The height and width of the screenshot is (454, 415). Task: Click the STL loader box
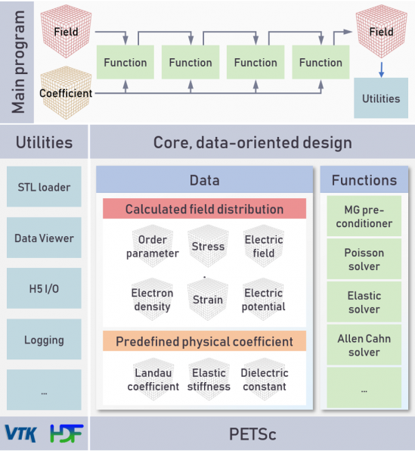tap(44, 186)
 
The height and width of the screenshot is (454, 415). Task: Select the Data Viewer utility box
tap(44, 238)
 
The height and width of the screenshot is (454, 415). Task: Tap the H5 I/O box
tap(44, 288)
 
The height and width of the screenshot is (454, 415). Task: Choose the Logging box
tap(44, 339)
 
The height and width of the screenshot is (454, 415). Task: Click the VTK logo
tap(21, 434)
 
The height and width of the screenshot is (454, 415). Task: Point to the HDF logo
tap(67, 434)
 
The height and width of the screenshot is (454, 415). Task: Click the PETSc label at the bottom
tap(252, 434)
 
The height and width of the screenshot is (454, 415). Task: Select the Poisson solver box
tap(364, 259)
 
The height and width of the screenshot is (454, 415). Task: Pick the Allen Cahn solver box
tap(364, 344)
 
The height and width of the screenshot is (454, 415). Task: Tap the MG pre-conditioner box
tap(364, 216)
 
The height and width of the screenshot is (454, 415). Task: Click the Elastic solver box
tap(364, 302)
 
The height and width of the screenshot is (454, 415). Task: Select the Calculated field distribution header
tap(204, 209)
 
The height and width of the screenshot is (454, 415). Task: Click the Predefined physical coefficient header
tap(204, 340)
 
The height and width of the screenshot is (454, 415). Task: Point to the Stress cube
tap(208, 246)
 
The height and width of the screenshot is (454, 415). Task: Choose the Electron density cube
tap(152, 299)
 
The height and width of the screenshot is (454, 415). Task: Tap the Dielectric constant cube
tap(265, 379)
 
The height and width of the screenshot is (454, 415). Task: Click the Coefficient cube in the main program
tap(66, 92)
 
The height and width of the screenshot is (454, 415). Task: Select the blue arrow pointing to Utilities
tap(382, 70)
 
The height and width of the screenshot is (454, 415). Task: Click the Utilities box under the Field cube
tap(381, 98)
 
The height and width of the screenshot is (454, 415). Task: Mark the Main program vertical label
tap(18, 62)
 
